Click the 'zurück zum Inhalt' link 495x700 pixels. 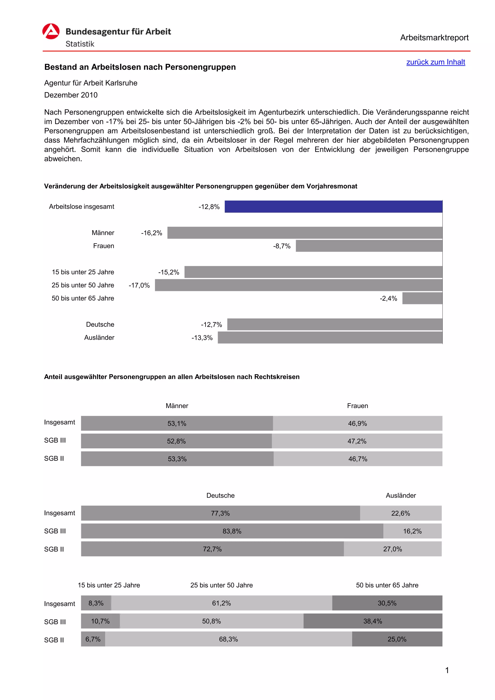435,62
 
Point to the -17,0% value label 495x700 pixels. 139,285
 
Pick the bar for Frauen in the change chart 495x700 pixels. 369,246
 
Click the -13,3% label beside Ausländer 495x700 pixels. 202,338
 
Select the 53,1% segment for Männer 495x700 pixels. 177,423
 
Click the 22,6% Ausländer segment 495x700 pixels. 400,513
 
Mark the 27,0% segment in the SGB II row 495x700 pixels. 392,549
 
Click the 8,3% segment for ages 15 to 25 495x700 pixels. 96,603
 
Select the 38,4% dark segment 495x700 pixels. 372,621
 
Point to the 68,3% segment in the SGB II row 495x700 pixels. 228,639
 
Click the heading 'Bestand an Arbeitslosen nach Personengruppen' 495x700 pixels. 140,67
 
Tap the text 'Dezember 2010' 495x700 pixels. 71,95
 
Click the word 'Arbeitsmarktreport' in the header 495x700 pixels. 434,38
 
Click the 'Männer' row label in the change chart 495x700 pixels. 103,233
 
